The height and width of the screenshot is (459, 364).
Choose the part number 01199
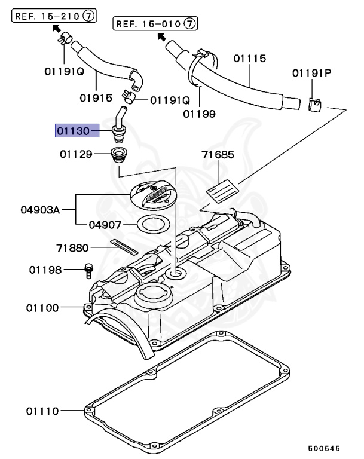(200, 112)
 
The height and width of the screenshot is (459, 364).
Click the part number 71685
(218, 155)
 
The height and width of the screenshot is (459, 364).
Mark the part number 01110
(42, 411)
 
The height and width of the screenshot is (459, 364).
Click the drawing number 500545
(326, 447)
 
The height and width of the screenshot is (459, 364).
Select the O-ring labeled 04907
(152, 226)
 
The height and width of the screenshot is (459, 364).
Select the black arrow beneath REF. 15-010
(161, 37)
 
